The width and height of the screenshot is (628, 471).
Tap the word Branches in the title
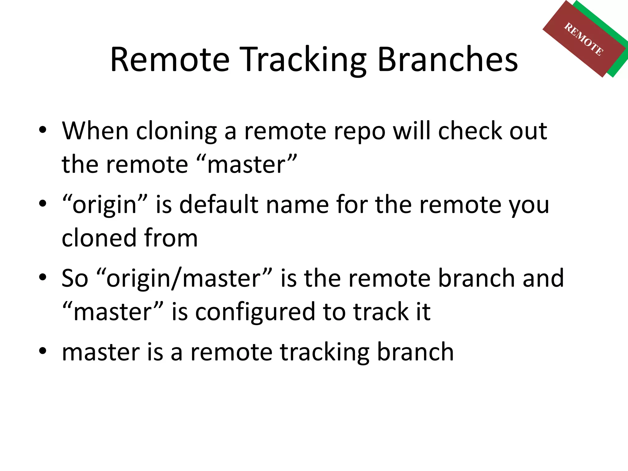point(448,60)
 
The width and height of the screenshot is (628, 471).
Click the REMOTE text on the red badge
point(584,39)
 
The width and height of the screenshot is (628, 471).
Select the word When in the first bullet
point(95,131)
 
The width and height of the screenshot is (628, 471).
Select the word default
point(219,205)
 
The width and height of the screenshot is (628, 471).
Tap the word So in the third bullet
point(75,278)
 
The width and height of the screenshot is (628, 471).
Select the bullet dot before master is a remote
point(43,351)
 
